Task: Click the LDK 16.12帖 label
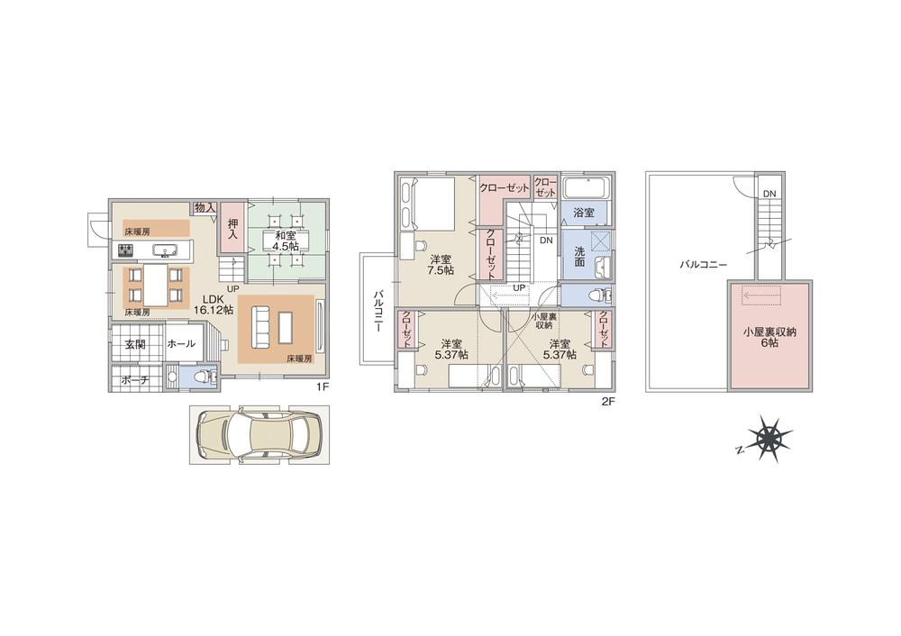pos(214,304)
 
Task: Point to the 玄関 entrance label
pos(135,343)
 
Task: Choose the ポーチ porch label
pos(134,380)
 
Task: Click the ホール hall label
pos(180,343)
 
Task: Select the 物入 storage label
pos(205,208)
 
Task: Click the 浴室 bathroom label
pos(584,214)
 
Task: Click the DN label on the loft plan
pos(768,193)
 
